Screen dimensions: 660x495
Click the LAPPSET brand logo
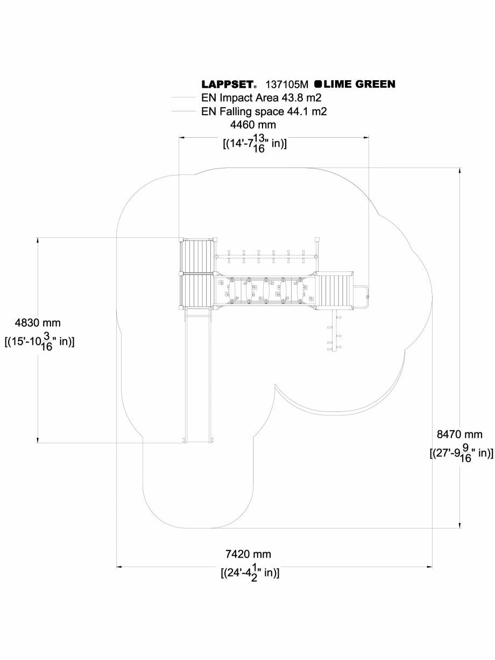(x=229, y=85)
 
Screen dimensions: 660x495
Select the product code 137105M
(x=287, y=85)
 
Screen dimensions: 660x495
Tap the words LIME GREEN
(x=359, y=84)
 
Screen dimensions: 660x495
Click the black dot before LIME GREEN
(x=318, y=84)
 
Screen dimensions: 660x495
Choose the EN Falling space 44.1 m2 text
(x=264, y=111)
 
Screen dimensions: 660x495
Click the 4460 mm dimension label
(x=253, y=125)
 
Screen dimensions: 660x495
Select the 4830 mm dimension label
(x=38, y=323)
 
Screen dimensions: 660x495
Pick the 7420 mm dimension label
(x=248, y=554)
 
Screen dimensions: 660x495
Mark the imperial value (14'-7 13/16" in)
(x=254, y=144)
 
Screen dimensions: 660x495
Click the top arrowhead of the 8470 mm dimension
(x=459, y=170)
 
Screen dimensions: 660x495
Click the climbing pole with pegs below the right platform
(x=334, y=331)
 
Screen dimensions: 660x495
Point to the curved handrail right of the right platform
(x=366, y=292)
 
